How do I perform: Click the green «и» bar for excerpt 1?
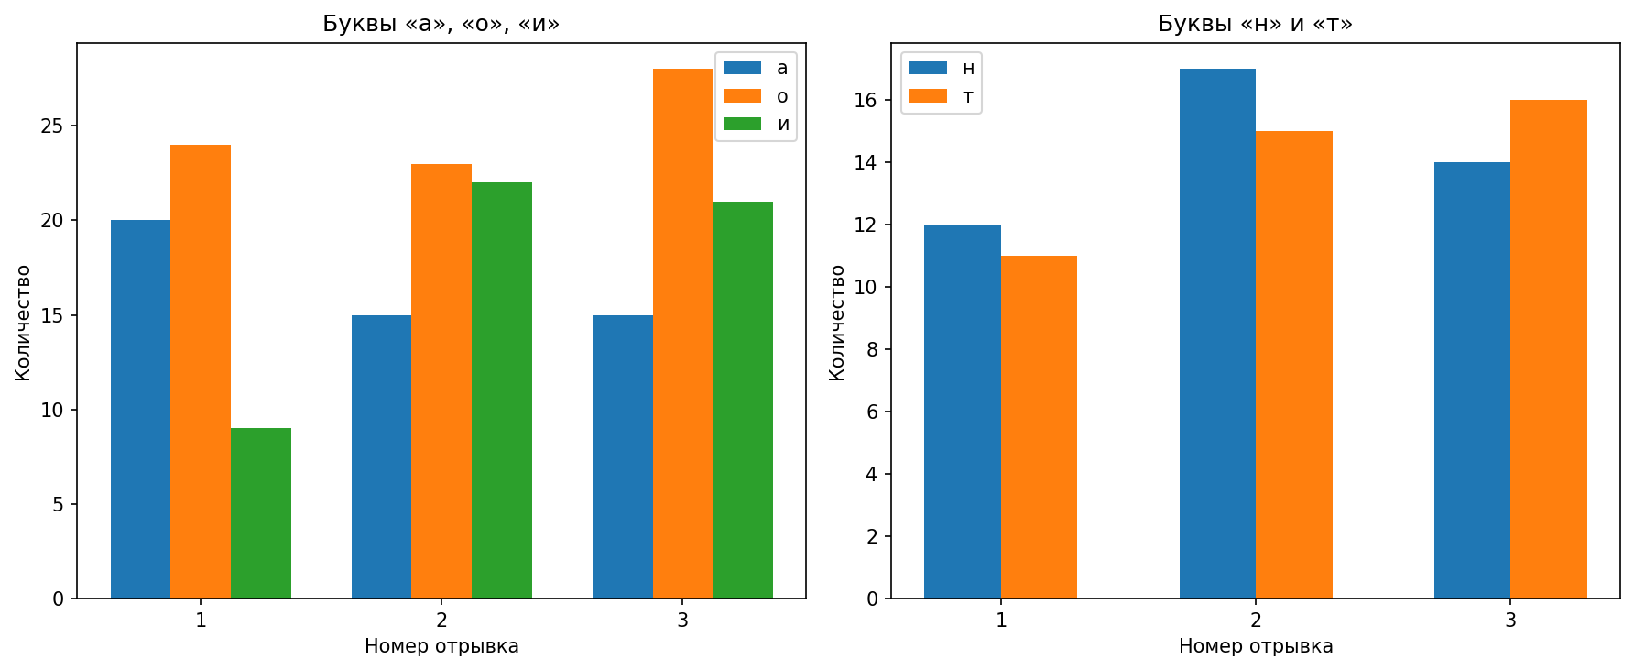tap(261, 513)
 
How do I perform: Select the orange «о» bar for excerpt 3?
tap(682, 334)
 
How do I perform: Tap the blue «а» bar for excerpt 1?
tap(140, 409)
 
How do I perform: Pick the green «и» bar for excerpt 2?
tap(502, 390)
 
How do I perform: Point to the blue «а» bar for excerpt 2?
tap(381, 456)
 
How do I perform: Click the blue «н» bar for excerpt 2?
tap(1217, 334)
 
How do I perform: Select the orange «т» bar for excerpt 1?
tap(1039, 427)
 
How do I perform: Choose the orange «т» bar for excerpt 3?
tap(1549, 349)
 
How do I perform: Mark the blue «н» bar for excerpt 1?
tap(963, 412)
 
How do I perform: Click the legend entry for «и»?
tap(757, 125)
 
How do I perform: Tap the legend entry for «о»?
tap(757, 96)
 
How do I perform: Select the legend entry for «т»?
tap(942, 96)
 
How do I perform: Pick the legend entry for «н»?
tap(942, 68)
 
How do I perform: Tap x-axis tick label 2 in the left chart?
tap(441, 621)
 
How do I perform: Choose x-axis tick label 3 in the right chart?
tap(1510, 621)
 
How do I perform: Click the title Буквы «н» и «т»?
tap(1255, 24)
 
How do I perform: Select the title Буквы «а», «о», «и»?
tap(441, 24)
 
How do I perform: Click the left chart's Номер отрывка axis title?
tap(441, 646)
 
